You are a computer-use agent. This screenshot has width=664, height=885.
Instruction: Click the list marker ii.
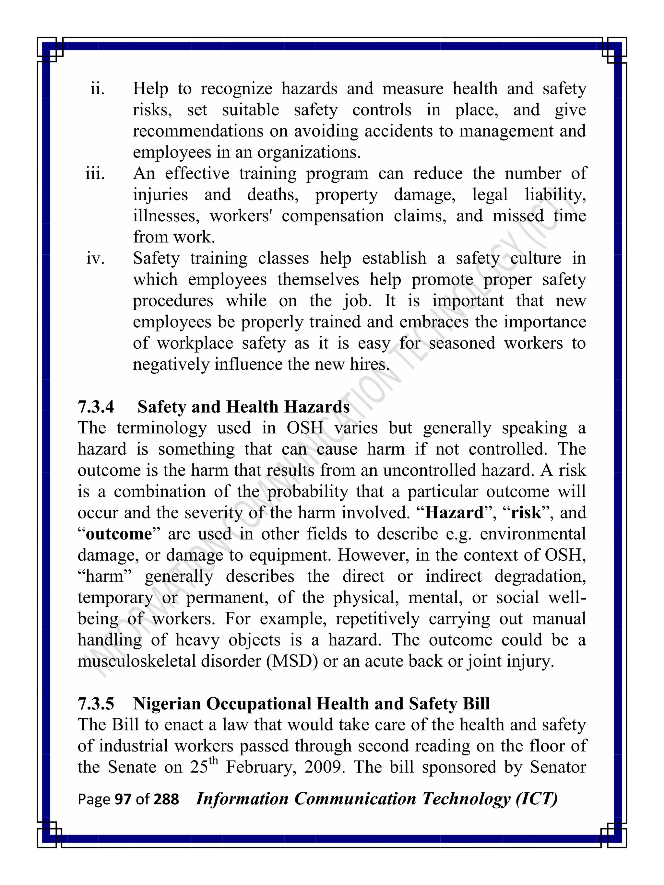[x=97, y=89]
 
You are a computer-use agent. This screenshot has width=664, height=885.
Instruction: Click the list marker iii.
[x=95, y=174]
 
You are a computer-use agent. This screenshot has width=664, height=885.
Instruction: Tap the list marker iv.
[x=95, y=259]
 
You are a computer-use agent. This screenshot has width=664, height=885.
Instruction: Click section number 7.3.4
[x=96, y=407]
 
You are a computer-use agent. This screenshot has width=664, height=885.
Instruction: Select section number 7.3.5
[x=96, y=704]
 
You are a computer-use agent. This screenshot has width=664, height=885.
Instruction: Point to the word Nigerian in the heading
[x=167, y=704]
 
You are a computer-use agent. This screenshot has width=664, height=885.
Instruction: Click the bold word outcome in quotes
[x=119, y=534]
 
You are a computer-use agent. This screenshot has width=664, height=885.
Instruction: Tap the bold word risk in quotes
[x=526, y=513]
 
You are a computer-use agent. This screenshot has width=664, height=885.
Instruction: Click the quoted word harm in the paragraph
[x=104, y=576]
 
